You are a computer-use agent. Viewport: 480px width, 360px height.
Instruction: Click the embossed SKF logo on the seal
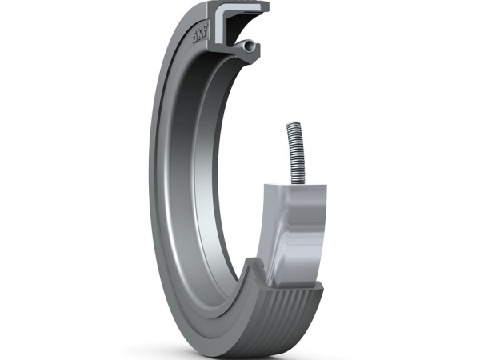click(200, 35)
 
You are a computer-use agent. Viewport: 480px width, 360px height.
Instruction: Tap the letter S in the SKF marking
click(194, 38)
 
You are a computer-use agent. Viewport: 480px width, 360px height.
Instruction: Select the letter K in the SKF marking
click(200, 35)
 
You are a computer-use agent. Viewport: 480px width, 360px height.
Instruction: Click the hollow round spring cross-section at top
click(248, 46)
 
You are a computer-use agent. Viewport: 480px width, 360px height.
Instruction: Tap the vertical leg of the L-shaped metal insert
click(219, 28)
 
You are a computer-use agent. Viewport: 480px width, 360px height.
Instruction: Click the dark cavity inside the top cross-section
click(239, 26)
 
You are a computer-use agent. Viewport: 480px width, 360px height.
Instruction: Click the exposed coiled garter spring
click(296, 154)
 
